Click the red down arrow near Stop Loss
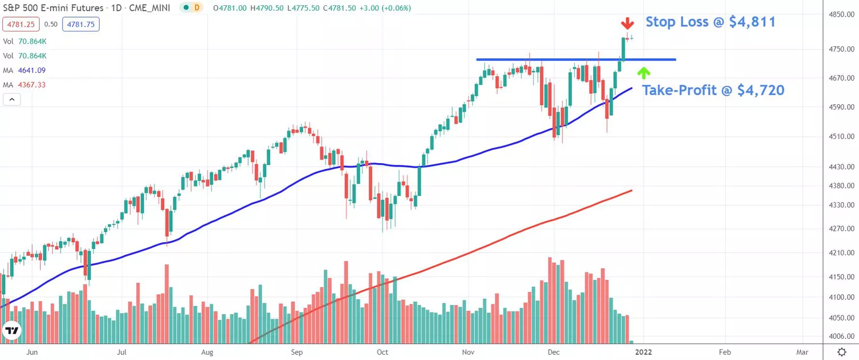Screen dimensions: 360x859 (628, 23)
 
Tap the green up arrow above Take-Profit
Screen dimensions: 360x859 (644, 72)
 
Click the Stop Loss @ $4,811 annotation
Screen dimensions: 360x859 (711, 22)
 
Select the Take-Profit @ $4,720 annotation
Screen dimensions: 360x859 (713, 90)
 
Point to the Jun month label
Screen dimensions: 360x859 (32, 352)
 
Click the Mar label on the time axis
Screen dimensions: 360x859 (802, 352)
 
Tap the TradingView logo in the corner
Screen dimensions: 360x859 (11, 331)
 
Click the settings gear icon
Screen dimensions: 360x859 (841, 351)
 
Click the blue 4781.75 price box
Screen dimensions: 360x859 (81, 24)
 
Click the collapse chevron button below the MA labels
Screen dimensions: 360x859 (11, 100)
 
